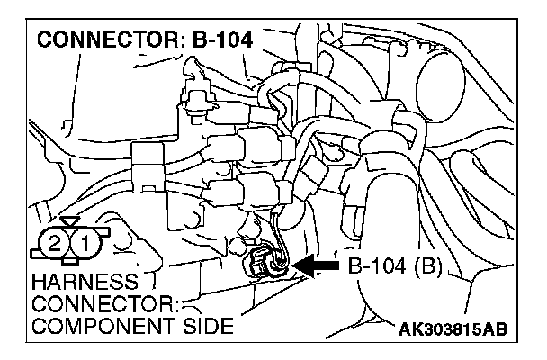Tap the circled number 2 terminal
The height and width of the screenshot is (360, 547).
(x=55, y=242)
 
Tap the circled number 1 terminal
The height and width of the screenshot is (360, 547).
(x=83, y=242)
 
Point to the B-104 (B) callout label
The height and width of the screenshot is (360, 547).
(x=394, y=266)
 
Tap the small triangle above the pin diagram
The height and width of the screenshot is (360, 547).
(x=68, y=220)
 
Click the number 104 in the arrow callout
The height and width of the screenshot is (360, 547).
(x=389, y=266)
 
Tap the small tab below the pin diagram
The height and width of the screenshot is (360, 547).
(x=68, y=262)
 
